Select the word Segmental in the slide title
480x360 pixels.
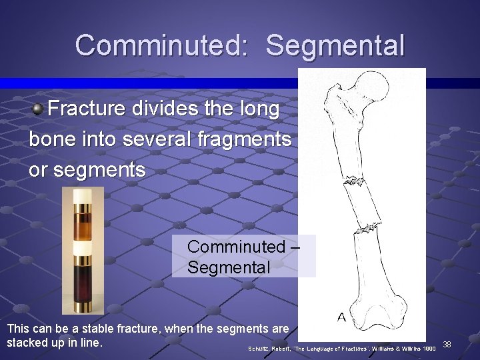[x=335, y=46]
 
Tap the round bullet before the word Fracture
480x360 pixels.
[x=39, y=109]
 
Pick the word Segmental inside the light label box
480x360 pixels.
[x=229, y=268]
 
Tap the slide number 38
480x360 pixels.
[x=447, y=345]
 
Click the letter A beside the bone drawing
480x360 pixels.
[x=341, y=317]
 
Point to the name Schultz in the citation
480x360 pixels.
[x=259, y=349]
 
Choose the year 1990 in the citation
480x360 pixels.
[x=428, y=349]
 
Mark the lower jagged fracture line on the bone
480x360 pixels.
[x=365, y=230]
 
